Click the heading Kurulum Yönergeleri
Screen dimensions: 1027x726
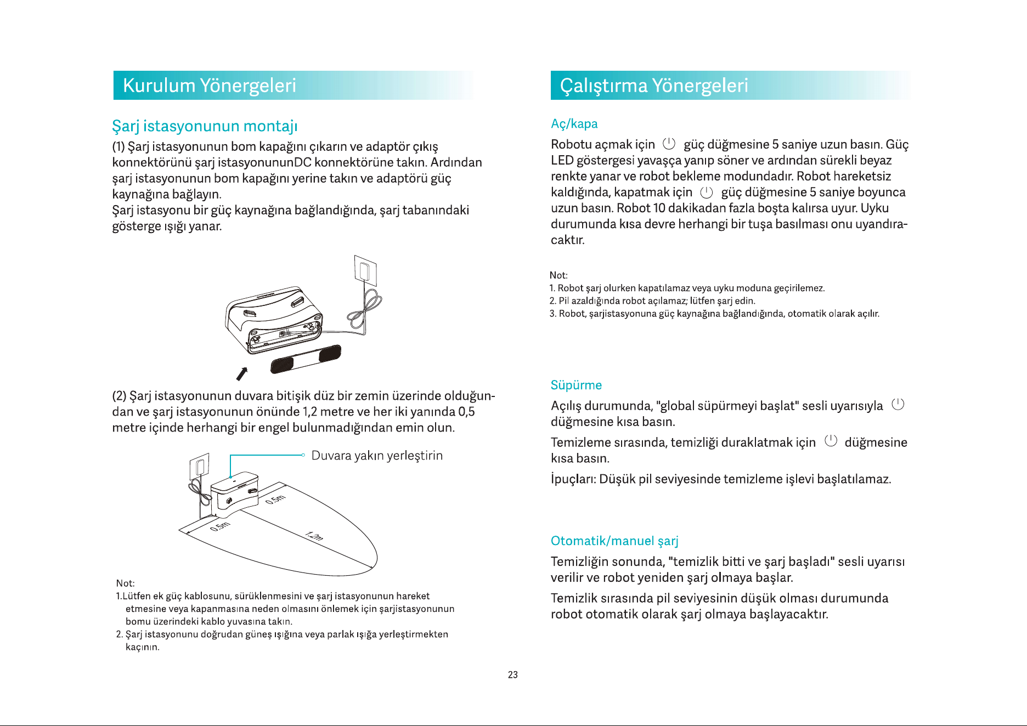[209, 86]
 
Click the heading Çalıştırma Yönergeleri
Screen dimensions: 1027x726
[654, 86]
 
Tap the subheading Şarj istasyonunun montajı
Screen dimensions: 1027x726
[205, 126]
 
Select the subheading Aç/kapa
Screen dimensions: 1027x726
[574, 124]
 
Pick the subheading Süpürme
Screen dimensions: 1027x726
[576, 385]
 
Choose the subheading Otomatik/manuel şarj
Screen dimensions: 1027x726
[614, 541]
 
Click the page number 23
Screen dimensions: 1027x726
[513, 675]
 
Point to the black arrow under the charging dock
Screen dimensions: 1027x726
[242, 373]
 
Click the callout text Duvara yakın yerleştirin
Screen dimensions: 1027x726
[377, 456]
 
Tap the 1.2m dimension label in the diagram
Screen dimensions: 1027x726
[314, 536]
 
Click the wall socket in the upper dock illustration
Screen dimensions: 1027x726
[365, 271]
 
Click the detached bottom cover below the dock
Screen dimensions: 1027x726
[306, 359]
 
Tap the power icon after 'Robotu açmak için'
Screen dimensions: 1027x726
[669, 144]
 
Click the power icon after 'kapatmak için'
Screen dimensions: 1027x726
[707, 192]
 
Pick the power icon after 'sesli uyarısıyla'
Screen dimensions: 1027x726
[898, 405]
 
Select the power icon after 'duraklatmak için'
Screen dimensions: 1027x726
[831, 441]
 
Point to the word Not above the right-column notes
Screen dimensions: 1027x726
[558, 275]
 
